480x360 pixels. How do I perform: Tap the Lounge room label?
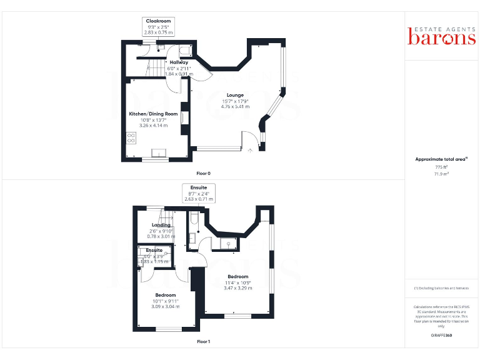click(x=235, y=95)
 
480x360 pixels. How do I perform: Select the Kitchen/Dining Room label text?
click(x=153, y=114)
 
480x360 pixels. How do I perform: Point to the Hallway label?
click(x=179, y=62)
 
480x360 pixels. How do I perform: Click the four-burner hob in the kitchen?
click(x=132, y=137)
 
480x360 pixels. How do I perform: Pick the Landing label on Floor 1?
click(x=161, y=226)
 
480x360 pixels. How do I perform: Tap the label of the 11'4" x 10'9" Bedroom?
click(x=238, y=276)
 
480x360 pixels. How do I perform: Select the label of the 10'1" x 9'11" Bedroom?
click(x=165, y=295)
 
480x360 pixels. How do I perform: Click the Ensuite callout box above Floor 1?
click(x=199, y=193)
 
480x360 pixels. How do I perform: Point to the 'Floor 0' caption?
click(x=204, y=172)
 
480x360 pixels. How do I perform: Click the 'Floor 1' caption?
click(x=204, y=342)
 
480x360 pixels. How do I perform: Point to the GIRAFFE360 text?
click(x=441, y=336)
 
